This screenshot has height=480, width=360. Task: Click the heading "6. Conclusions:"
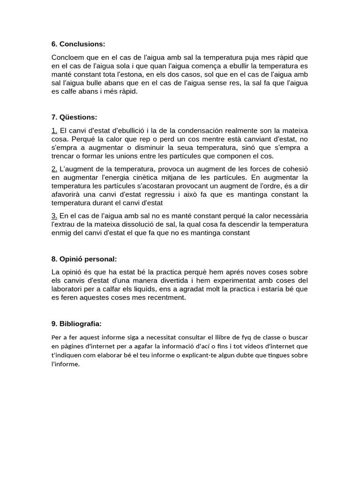click(78, 44)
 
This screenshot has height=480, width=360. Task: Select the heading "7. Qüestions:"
click(74, 117)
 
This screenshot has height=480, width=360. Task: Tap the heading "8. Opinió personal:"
click(84, 259)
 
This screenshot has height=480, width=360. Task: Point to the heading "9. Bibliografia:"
click(76, 323)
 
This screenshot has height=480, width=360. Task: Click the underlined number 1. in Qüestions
click(54, 130)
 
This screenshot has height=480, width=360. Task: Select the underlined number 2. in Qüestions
click(54, 169)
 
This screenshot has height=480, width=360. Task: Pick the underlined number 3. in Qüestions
click(54, 216)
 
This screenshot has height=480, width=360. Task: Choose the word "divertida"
click(167, 280)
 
